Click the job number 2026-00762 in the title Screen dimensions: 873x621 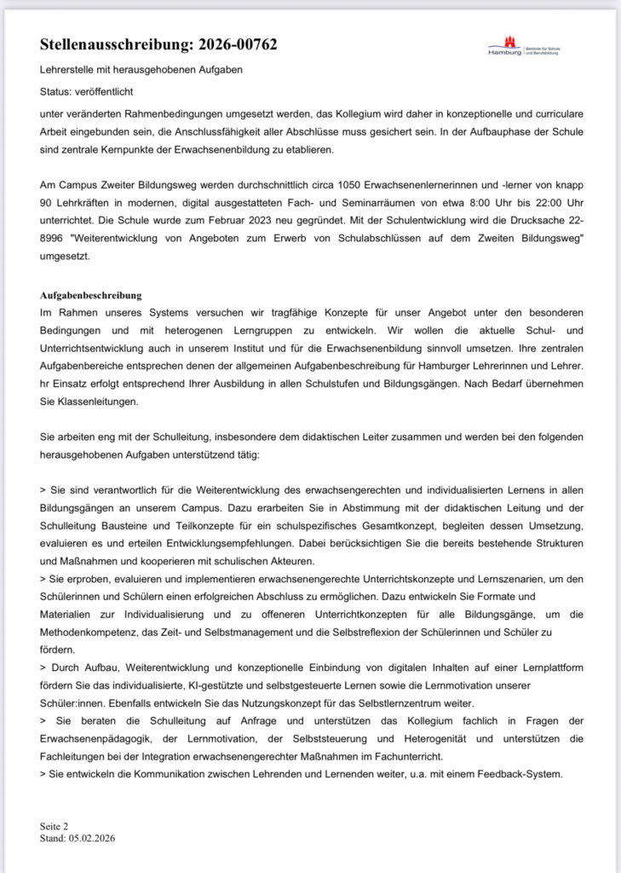232,44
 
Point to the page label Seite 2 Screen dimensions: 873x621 54,826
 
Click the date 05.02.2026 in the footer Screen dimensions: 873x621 90,838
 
